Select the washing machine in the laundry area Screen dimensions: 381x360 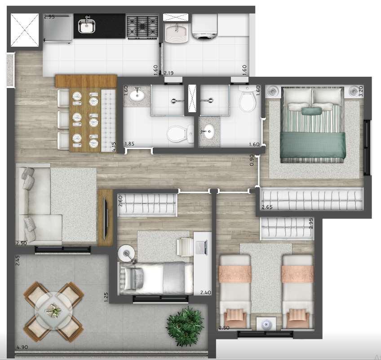[204, 26]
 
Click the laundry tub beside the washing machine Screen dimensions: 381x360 [176, 33]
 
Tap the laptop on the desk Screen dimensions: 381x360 [201, 247]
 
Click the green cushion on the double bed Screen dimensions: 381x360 [311, 111]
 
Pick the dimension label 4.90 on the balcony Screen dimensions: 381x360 [22, 347]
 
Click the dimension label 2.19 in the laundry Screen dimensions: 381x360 [168, 73]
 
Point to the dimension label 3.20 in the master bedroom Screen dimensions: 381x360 [361, 91]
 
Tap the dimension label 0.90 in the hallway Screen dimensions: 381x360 [252, 160]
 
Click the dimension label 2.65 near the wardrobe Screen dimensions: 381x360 [267, 207]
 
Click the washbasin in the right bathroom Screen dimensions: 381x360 [208, 132]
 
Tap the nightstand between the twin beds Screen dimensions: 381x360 [266, 324]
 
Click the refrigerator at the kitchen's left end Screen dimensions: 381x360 [58, 29]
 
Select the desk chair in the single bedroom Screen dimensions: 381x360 [184, 247]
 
